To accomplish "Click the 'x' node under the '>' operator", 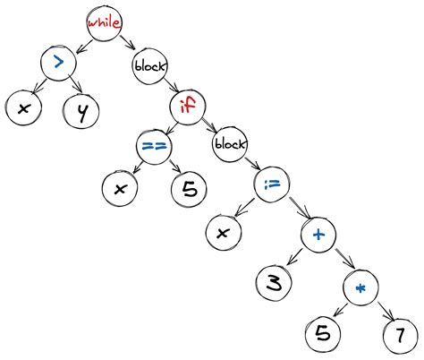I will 21,110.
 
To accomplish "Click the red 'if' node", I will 190,107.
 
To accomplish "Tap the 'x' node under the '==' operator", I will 117,189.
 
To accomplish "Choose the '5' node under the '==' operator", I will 188,189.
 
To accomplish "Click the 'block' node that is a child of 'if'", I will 230,144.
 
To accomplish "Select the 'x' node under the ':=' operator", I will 224,233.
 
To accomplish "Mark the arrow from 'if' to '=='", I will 170,127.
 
